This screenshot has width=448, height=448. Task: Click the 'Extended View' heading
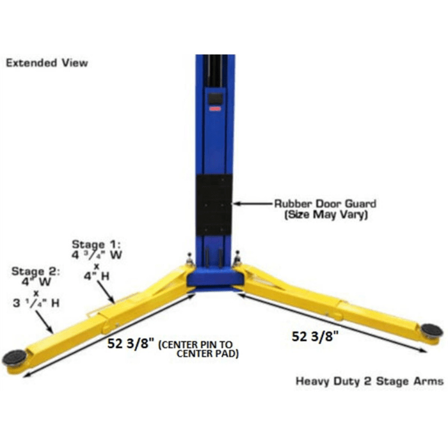click(47, 63)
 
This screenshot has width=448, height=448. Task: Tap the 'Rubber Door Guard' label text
click(325, 204)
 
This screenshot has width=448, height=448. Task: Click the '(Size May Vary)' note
click(325, 216)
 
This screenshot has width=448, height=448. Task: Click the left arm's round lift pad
click(14, 357)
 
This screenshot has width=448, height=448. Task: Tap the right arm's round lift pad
click(431, 331)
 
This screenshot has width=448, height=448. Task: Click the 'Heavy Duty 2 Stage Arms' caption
click(369, 381)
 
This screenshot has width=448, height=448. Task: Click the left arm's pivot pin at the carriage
click(190, 259)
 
